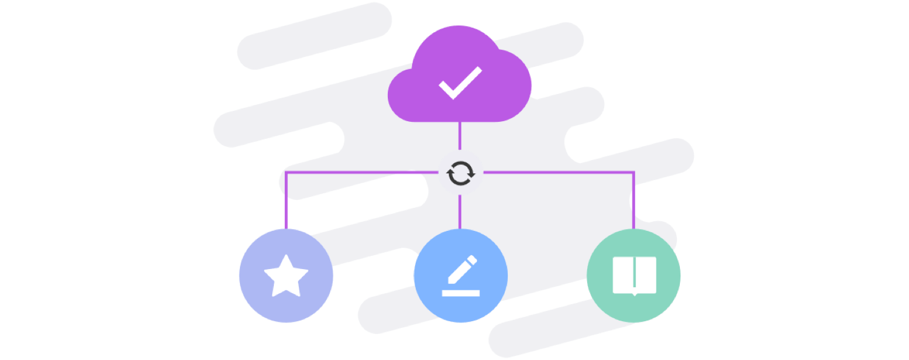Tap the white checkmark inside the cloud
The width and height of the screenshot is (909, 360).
coord(460,83)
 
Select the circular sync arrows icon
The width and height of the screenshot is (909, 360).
coord(461,173)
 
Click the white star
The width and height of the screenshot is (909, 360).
coord(286,276)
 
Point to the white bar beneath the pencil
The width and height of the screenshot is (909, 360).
coord(461,293)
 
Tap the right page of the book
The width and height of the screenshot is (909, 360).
coord(645,274)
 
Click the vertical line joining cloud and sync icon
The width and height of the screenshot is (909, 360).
coord(461,136)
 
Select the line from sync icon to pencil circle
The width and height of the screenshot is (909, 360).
coord(461,212)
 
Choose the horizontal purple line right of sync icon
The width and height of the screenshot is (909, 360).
coord(558,173)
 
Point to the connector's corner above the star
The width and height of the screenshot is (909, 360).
coord(285,173)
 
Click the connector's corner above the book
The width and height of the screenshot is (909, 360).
coord(634,173)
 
